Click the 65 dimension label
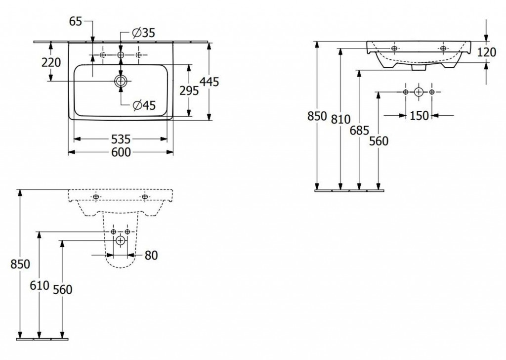pos(75,21)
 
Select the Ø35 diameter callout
pos(143,33)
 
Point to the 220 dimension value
pos(51,62)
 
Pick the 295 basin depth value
pos(189,90)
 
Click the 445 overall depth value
pos(210,82)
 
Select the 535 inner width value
pos(121,139)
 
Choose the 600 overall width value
pos(121,152)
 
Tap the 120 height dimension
pos(487,52)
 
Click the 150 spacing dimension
pos(419,116)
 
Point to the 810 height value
pos(340,119)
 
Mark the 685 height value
pos(359,131)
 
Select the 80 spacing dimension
pos(151,256)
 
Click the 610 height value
pos(40,285)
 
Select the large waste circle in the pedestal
pos(121,241)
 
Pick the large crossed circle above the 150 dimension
pos(419,92)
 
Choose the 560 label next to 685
pos(379,141)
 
